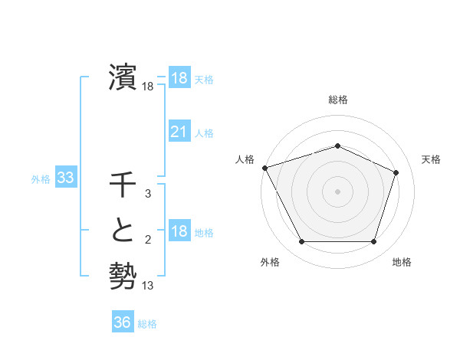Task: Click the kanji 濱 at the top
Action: pyautogui.click(x=123, y=77)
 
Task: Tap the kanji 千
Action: pyautogui.click(x=123, y=187)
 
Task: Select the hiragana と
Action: pyautogui.click(x=123, y=232)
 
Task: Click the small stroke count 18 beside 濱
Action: pyautogui.click(x=148, y=87)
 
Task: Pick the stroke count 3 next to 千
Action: pyautogui.click(x=148, y=195)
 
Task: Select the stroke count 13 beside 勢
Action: pyautogui.click(x=148, y=286)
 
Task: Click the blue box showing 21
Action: pyautogui.click(x=179, y=132)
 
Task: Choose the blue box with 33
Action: pyautogui.click(x=66, y=178)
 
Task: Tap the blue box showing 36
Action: pyautogui.click(x=122, y=322)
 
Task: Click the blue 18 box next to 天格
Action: pyautogui.click(x=179, y=78)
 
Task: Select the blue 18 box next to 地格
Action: pyautogui.click(x=179, y=232)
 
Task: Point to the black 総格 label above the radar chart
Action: pyautogui.click(x=337, y=100)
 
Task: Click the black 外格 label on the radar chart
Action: pyautogui.click(x=270, y=262)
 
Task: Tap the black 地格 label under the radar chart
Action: pyautogui.click(x=402, y=262)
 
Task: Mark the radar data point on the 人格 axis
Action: pyautogui.click(x=264, y=168)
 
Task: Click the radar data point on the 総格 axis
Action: pyautogui.click(x=337, y=146)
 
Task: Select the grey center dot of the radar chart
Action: pyautogui.click(x=337, y=191)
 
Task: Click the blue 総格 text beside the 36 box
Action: pyautogui.click(x=147, y=324)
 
